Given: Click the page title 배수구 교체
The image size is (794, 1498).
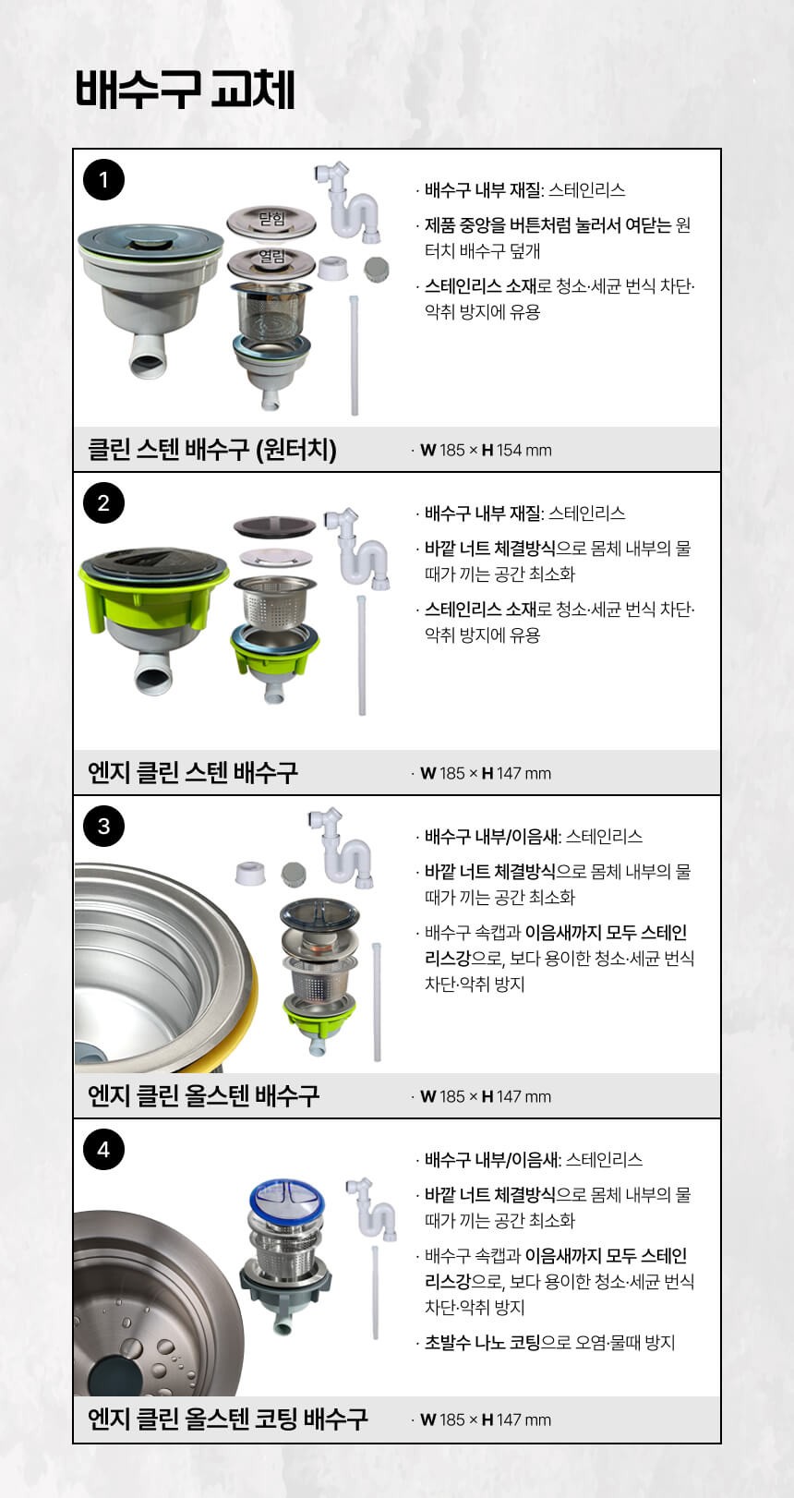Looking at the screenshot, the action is tap(186, 90).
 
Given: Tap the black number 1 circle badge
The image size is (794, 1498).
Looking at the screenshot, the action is tap(103, 179).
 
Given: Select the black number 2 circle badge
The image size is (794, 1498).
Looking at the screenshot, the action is tap(103, 502).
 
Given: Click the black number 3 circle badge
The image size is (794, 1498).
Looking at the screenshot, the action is tap(103, 826).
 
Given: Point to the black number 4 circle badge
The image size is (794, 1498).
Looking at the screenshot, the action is tap(103, 1149).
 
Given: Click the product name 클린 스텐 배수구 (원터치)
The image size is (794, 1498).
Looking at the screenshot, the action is tap(211, 449).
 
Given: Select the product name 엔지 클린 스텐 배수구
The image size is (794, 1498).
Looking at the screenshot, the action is tap(192, 772).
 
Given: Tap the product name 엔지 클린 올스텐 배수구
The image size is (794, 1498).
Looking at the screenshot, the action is tap(203, 1095).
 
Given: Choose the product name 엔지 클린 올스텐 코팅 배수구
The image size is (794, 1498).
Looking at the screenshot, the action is tap(227, 1419).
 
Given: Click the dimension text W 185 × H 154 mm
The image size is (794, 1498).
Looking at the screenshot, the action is tap(486, 450).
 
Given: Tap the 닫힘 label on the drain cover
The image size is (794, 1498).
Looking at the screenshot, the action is tap(272, 219).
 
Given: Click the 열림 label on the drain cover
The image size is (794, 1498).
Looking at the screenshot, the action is tap(272, 256).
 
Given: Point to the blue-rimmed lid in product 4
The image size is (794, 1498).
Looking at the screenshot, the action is tap(287, 1201).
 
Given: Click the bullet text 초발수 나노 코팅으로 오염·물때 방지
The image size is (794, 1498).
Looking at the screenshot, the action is tap(549, 1342).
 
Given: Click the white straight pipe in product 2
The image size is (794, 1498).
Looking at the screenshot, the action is tap(362, 656).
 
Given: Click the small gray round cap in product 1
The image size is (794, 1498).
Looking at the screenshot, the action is tap(377, 269).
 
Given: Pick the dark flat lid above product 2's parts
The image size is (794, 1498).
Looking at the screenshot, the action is tap(275, 526).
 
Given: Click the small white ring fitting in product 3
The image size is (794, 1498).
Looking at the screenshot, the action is tap(250, 873).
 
